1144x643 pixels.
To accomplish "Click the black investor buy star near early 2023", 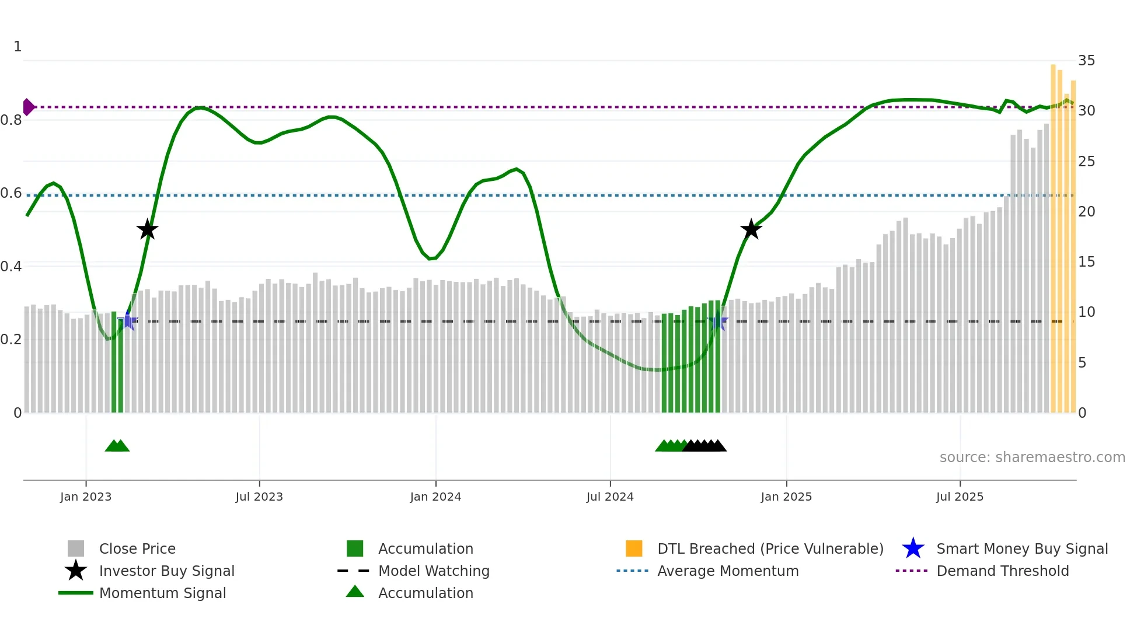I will point(147,229).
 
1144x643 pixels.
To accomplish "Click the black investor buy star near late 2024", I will point(751,229).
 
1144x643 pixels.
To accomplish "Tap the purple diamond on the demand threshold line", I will point(27,107).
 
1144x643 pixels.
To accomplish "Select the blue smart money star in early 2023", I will point(127,321).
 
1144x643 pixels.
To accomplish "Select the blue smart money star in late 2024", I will point(718,321).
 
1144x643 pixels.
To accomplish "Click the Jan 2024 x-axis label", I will point(435,497).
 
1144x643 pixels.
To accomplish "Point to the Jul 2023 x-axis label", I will point(259,497).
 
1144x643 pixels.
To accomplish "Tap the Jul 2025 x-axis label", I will point(960,497).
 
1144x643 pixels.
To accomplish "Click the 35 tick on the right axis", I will point(1086,61).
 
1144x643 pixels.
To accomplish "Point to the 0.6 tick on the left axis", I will point(11,193).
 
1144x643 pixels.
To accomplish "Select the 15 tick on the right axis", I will point(1086,262).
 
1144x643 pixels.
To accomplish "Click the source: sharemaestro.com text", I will point(1032,457).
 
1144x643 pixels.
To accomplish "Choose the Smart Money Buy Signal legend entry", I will point(1021,548).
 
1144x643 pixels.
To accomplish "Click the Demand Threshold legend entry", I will point(1002,571).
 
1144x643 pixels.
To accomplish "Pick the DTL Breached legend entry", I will point(770,548).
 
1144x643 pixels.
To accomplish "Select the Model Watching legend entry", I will point(434,571).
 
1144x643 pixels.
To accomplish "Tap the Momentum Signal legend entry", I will point(162,593).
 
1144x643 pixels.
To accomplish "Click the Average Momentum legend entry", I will point(728,571).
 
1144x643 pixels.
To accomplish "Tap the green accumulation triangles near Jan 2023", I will point(117,446).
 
